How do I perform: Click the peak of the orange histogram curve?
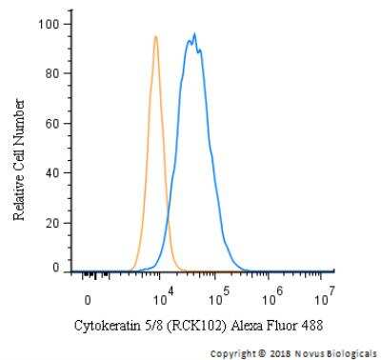click(x=155, y=37)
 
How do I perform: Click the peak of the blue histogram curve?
click(x=194, y=34)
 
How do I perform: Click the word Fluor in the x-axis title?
click(x=283, y=325)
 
